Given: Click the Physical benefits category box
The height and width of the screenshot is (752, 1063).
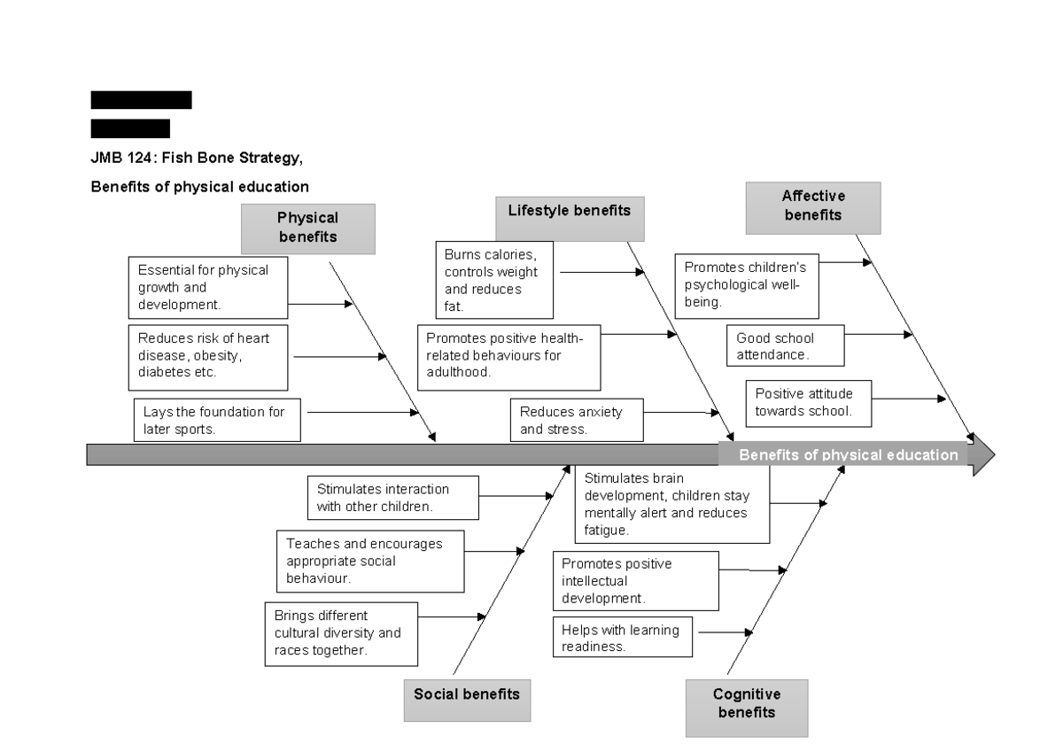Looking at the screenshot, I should (x=307, y=228).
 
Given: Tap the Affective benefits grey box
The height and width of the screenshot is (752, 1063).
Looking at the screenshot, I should (x=813, y=207).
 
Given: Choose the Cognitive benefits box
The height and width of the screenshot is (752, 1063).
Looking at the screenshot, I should (x=746, y=707).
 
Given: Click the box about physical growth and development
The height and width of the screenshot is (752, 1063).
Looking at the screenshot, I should (x=209, y=287).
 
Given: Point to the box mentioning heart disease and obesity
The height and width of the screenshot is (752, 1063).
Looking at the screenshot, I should (x=209, y=357).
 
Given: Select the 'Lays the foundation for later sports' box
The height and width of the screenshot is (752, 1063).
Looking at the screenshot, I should (x=217, y=420).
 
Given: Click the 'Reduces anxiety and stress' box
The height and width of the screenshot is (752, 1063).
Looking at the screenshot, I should (x=577, y=420).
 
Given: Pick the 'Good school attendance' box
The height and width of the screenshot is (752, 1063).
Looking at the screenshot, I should (x=785, y=345).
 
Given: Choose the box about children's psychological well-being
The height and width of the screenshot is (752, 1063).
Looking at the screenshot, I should (x=747, y=286).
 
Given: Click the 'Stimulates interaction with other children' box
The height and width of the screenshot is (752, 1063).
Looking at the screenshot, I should (x=393, y=498).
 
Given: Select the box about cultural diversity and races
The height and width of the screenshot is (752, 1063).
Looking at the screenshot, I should (x=341, y=633).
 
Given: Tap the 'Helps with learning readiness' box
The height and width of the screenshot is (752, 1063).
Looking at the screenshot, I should (x=623, y=638).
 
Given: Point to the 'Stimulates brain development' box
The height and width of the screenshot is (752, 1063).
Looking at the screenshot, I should (x=671, y=504).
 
